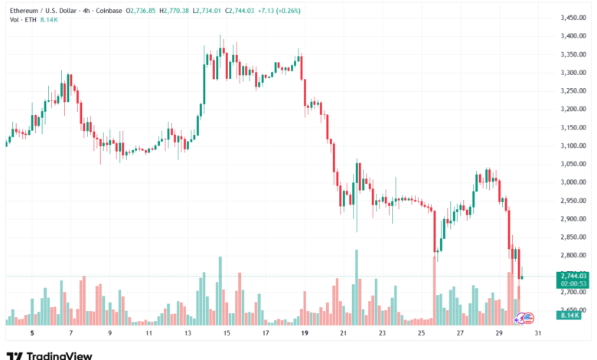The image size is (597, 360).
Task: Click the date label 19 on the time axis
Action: (x=305, y=334)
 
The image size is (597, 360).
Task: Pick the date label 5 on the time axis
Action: (x=31, y=334)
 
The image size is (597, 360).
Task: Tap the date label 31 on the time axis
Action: (x=540, y=334)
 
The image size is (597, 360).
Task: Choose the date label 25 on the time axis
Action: (x=422, y=334)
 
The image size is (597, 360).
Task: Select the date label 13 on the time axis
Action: (x=188, y=334)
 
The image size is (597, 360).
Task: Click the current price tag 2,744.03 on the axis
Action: (x=573, y=276)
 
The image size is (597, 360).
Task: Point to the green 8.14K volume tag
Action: (x=569, y=316)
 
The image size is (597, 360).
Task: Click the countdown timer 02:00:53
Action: (x=573, y=283)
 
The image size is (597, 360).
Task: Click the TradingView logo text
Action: (x=59, y=355)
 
